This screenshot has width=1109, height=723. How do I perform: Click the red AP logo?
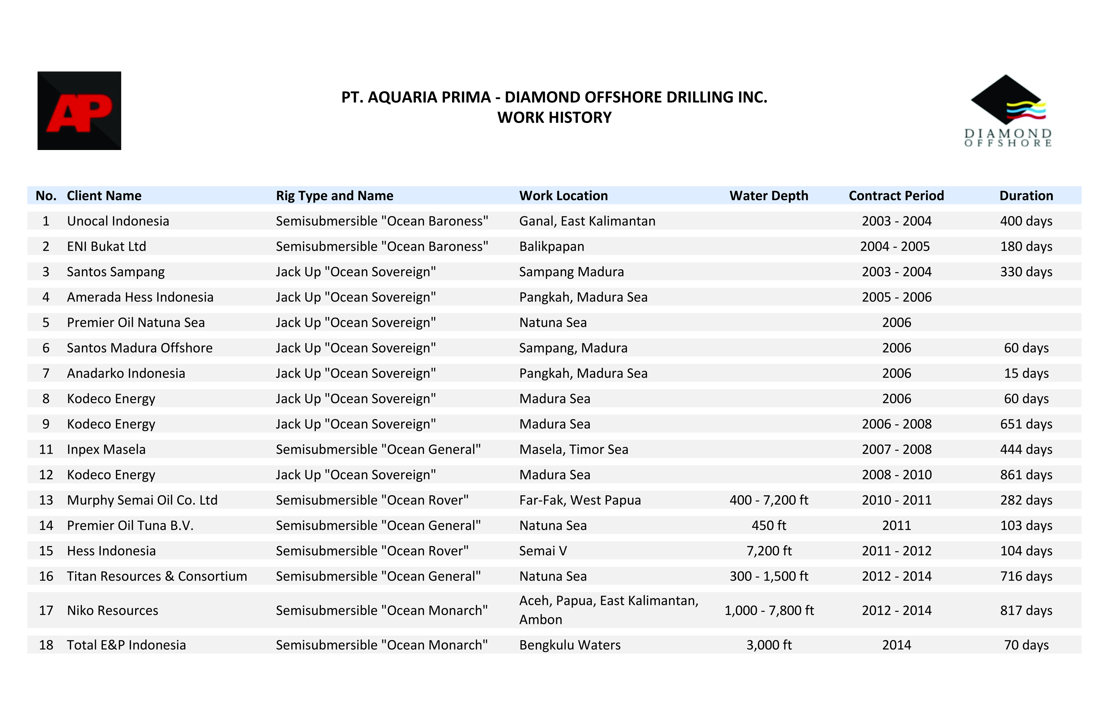[x=79, y=110]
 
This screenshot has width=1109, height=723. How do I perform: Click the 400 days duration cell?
[x=1026, y=221]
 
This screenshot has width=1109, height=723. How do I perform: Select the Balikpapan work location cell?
[x=552, y=246]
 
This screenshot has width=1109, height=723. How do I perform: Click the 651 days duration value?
[x=1026, y=424]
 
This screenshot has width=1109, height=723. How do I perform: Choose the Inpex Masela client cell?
[x=106, y=449]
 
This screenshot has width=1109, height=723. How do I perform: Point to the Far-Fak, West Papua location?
[x=580, y=500]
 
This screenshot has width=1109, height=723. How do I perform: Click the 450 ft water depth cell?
[x=768, y=525]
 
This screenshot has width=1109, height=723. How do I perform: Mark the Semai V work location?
[x=543, y=551]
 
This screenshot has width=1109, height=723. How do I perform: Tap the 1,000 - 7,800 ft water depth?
[x=769, y=610]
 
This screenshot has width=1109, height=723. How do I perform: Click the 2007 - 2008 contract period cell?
[x=896, y=449]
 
